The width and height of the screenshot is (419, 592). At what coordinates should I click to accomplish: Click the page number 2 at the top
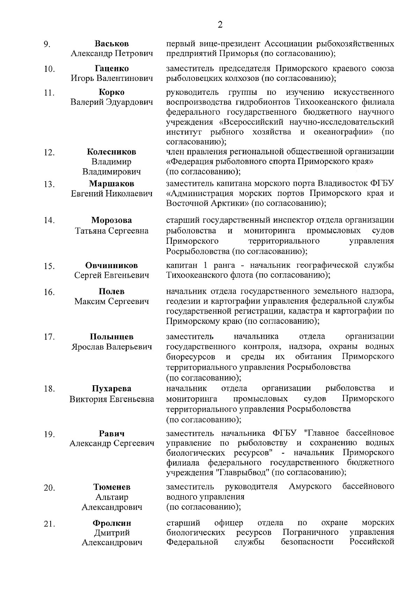pyautogui.click(x=220, y=24)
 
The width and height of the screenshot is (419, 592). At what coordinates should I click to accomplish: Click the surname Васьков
pyautogui.click(x=112, y=44)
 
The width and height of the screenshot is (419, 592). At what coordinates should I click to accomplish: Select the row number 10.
pyautogui.click(x=49, y=69)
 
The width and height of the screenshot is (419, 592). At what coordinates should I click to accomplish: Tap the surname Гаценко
pyautogui.click(x=112, y=68)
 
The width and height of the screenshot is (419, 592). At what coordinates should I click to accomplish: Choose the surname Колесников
pyautogui.click(x=112, y=152)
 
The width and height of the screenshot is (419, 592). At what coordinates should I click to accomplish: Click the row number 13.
pyautogui.click(x=49, y=184)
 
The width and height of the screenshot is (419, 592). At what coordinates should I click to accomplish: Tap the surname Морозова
pyautogui.click(x=112, y=220)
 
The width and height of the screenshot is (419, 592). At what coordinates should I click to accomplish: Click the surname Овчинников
pyautogui.click(x=112, y=265)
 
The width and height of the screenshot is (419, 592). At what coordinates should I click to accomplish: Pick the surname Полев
pyautogui.click(x=112, y=291)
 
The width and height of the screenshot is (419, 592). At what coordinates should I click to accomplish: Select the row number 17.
pyautogui.click(x=49, y=337)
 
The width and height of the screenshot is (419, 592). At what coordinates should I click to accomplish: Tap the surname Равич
pyautogui.click(x=112, y=434)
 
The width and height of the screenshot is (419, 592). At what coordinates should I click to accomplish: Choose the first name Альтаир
pyautogui.click(x=112, y=497)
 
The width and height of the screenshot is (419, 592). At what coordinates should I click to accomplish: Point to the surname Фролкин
pyautogui.click(x=112, y=523)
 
